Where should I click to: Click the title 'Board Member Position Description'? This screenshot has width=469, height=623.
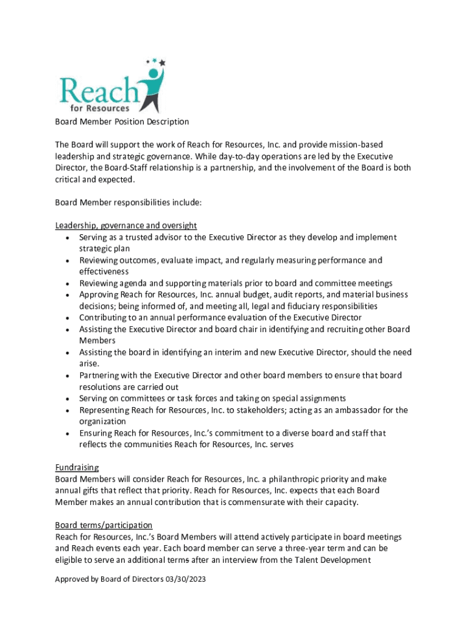[122, 122]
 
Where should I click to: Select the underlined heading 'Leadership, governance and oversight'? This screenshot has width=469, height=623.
[125, 226]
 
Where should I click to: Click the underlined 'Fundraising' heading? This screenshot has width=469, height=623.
[77, 468]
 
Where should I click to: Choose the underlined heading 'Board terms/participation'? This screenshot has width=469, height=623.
[104, 525]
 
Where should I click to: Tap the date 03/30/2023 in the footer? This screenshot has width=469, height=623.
[185, 580]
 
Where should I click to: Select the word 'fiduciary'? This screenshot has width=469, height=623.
[298, 306]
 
